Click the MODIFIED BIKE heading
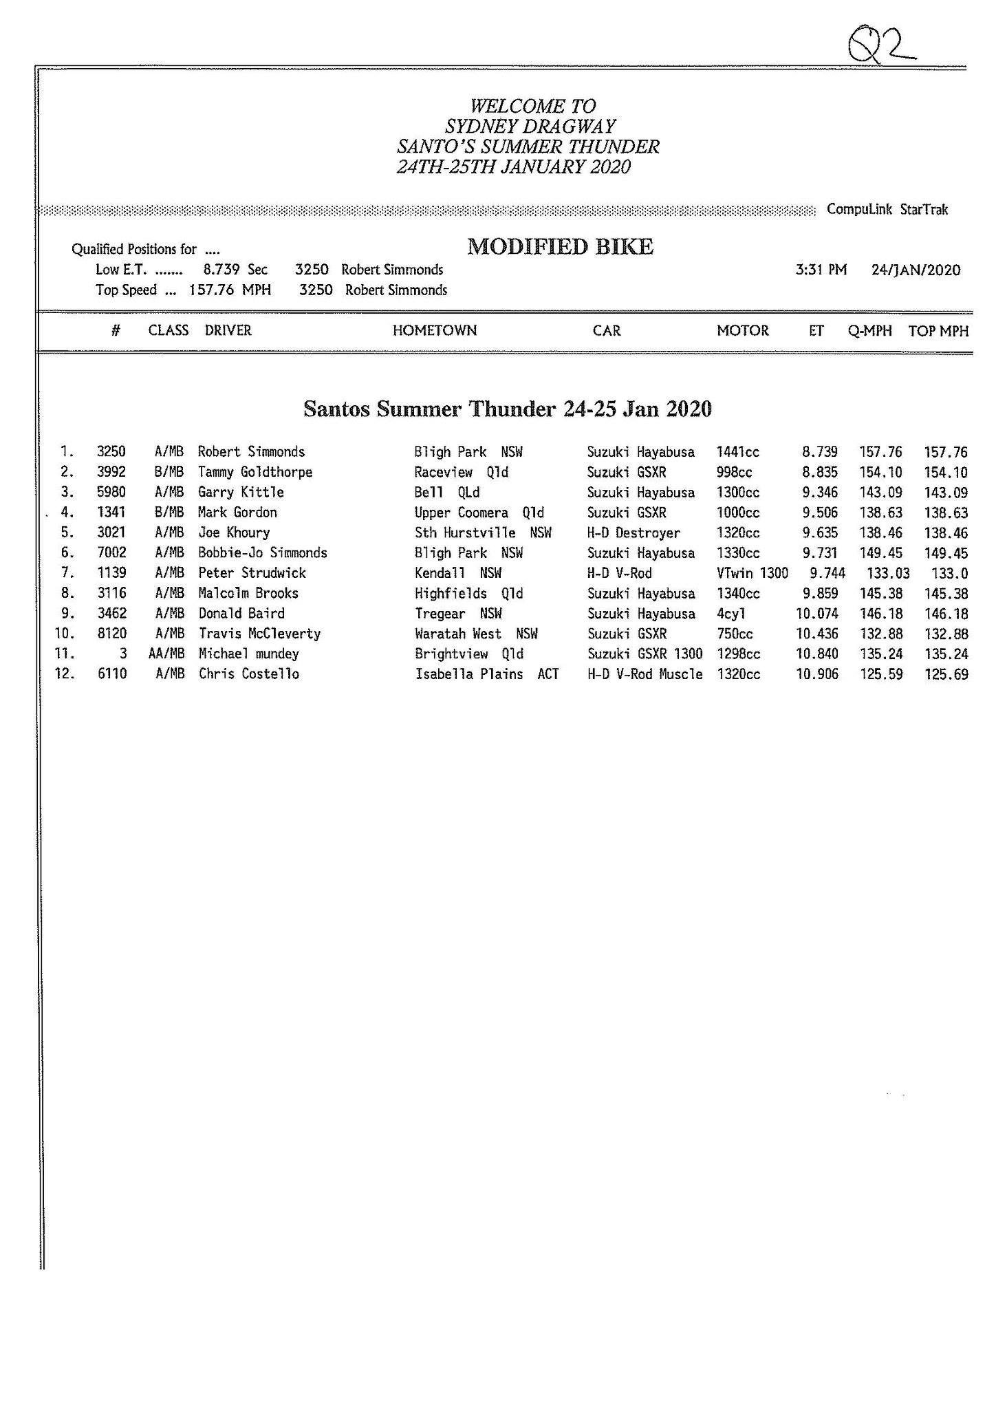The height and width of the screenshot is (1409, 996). [x=560, y=247]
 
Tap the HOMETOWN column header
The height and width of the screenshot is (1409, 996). [x=434, y=330]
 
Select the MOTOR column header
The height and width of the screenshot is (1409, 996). [x=742, y=330]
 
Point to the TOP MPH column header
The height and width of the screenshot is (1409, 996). [x=938, y=331]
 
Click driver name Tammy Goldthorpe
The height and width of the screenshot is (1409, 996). [x=255, y=472]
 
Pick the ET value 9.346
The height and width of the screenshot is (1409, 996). [x=820, y=492]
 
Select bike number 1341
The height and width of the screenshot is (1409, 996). [x=111, y=513]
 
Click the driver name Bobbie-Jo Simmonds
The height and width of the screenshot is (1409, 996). [x=262, y=552]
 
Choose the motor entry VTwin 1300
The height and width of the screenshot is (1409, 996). [x=752, y=573]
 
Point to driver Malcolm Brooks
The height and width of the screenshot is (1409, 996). [x=248, y=593]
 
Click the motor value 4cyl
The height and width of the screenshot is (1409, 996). [x=731, y=613]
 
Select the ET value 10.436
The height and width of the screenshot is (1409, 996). [x=817, y=634]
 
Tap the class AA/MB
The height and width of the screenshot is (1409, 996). [x=166, y=654]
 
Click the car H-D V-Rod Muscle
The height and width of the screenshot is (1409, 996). [x=645, y=674]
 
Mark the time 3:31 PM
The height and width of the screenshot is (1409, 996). [x=821, y=270]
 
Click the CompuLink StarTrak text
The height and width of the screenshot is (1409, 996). [x=887, y=209]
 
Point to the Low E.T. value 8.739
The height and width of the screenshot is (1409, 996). [x=221, y=270]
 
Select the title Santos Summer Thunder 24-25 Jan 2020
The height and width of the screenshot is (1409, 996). [x=507, y=409]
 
